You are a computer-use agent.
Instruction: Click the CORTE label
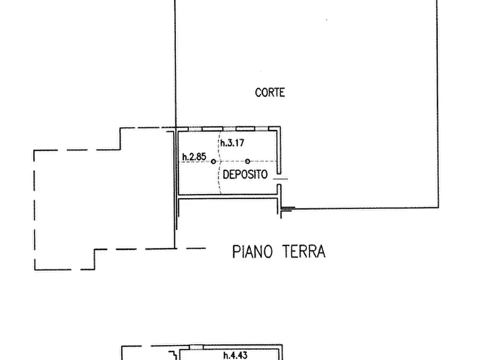pos(270,92)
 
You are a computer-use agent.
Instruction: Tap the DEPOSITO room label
pos(245,175)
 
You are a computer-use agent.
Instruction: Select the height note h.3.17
pos(232,143)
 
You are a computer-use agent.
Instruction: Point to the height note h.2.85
pos(194,157)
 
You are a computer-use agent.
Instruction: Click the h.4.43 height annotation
pos(235,355)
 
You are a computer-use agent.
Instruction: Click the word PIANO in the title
pos(252,251)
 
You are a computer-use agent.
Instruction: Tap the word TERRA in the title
pos(303,251)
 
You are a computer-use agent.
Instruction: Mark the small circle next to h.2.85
pos(213,161)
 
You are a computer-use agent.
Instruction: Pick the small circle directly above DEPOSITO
pos(248,161)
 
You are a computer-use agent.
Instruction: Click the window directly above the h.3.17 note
pos(228,129)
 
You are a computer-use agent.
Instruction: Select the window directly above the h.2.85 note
pos(195,129)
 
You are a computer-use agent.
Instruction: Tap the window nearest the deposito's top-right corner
pos(262,129)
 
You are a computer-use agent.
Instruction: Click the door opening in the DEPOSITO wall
pos(279,179)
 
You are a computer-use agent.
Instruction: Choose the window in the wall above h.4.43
pos(196,347)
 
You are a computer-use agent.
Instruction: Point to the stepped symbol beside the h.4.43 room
pos(173,355)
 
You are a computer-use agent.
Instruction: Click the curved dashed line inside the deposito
pos(219,163)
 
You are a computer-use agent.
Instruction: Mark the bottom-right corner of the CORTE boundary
pos(438,207)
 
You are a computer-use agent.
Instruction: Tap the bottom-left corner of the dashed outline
pos(35,270)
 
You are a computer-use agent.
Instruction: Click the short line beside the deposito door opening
pos(281,178)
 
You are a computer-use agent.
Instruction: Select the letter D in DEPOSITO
pos(226,175)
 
